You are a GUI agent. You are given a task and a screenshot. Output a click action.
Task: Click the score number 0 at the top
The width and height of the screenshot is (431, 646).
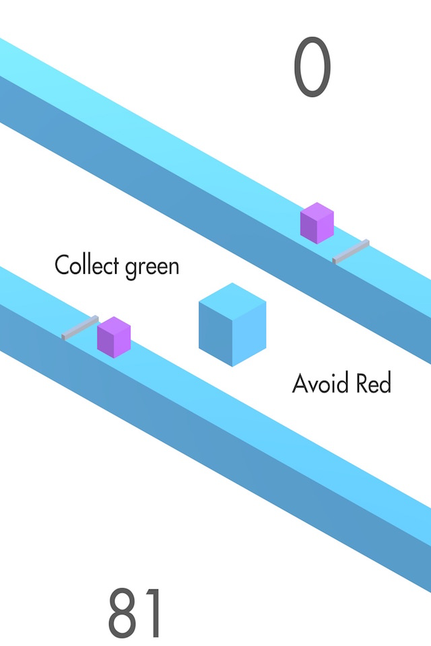click(x=312, y=67)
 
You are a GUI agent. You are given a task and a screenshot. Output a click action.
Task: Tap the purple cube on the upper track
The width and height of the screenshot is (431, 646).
click(x=317, y=223)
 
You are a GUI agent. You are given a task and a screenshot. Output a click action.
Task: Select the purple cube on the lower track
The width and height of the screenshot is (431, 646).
click(x=114, y=337)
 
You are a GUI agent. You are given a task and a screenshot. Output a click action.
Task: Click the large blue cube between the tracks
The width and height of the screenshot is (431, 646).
click(x=232, y=325)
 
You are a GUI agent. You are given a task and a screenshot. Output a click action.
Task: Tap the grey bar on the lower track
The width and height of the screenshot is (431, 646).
click(x=80, y=326)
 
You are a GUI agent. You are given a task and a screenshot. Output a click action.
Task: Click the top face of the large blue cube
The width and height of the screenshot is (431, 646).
click(x=232, y=299)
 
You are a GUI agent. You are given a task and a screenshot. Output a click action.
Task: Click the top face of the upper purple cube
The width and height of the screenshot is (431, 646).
click(x=317, y=211)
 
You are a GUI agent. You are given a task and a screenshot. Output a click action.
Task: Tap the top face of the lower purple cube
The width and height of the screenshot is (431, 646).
click(x=114, y=325)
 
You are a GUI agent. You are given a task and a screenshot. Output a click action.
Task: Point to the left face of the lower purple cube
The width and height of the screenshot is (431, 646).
click(x=106, y=343)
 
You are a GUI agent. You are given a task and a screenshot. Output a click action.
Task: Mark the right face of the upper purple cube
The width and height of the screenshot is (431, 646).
click(x=326, y=229)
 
